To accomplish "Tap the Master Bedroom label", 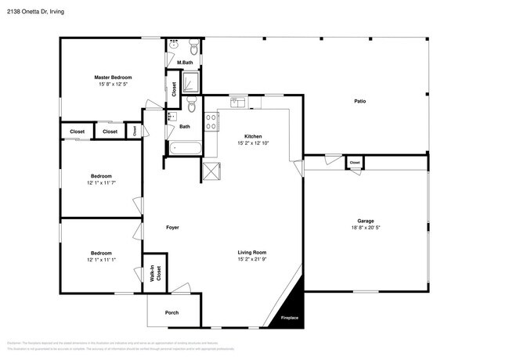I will pyautogui.click(x=113, y=77).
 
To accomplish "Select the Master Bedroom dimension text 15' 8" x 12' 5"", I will pyautogui.click(x=113, y=85).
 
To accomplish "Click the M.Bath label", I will pyautogui.click(x=185, y=63).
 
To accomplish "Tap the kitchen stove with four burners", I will pyautogui.click(x=211, y=121).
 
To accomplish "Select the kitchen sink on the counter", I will pyautogui.click(x=238, y=103).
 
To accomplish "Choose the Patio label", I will pyautogui.click(x=360, y=101).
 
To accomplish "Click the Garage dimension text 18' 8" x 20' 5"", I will pyautogui.click(x=366, y=229).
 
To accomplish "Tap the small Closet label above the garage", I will pyautogui.click(x=355, y=163).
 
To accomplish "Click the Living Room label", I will pyautogui.click(x=252, y=252).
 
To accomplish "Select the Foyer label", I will pyautogui.click(x=172, y=228).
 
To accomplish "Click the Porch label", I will pyautogui.click(x=171, y=312).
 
